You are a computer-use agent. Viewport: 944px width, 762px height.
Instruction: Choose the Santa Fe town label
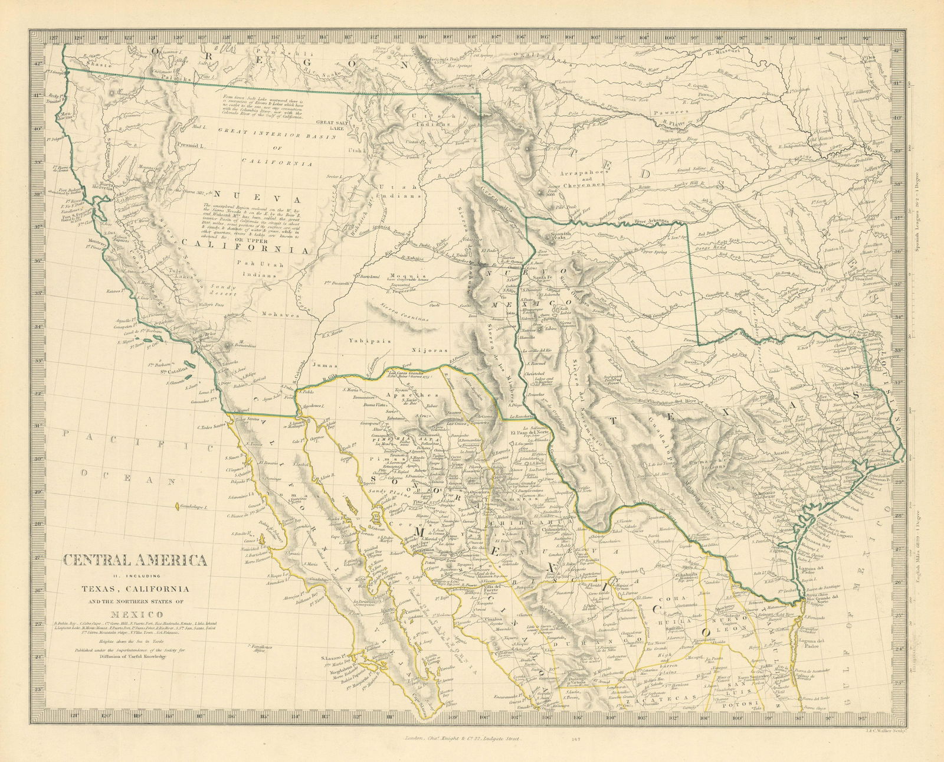(x=542, y=277)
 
